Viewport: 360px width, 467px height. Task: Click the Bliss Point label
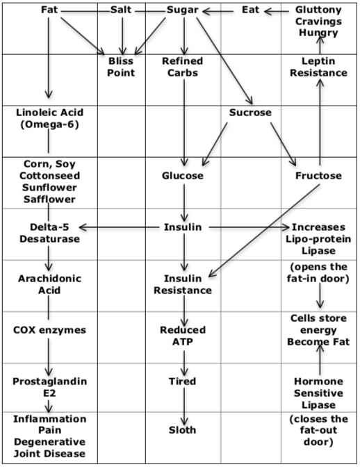click(x=121, y=67)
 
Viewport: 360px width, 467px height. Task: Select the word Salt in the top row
click(x=121, y=10)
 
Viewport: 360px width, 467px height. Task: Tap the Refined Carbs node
click(x=183, y=67)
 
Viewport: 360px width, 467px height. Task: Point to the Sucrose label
click(x=250, y=113)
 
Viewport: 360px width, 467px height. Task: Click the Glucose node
click(x=183, y=176)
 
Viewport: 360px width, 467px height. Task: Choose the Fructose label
click(x=318, y=176)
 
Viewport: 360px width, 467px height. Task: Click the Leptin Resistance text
click(x=318, y=67)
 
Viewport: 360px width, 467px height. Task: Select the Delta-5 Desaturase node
click(x=49, y=233)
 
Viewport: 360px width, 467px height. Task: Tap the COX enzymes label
click(x=49, y=330)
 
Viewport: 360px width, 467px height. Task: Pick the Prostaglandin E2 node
click(x=50, y=387)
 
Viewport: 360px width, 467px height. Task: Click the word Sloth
click(x=183, y=430)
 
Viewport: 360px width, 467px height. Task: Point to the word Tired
click(x=183, y=382)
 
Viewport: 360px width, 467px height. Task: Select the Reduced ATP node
click(x=183, y=336)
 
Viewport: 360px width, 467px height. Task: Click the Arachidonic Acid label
click(x=49, y=284)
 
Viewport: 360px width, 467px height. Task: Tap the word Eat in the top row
click(x=250, y=10)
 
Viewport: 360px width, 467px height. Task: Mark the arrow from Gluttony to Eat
click(x=277, y=12)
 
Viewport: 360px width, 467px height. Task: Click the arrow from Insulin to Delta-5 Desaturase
click(x=120, y=228)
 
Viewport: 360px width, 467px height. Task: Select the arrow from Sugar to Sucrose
click(x=224, y=60)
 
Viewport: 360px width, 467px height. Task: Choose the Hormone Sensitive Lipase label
click(x=318, y=393)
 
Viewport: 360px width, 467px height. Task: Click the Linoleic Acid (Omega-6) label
click(x=49, y=119)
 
